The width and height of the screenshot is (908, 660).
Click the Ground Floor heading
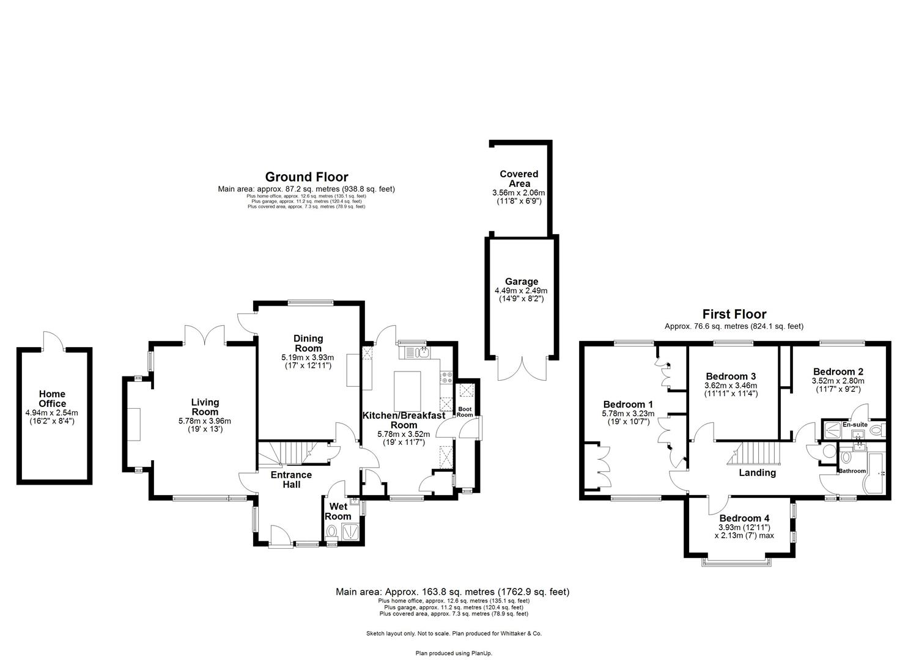point(306,178)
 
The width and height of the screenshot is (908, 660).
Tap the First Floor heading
point(734,315)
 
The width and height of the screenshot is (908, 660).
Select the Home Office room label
point(52,398)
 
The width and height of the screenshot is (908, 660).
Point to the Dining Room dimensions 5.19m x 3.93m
point(308,358)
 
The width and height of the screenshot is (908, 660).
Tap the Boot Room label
point(465,412)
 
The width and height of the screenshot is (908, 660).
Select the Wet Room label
point(338,511)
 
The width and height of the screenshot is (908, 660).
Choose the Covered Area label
point(519,178)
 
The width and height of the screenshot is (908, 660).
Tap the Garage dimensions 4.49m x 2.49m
point(520,291)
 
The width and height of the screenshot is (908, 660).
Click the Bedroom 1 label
point(628,405)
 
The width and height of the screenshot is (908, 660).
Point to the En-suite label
point(854,424)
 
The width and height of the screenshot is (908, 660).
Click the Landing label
point(757,472)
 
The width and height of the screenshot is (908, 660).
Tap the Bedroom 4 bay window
point(736,559)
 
